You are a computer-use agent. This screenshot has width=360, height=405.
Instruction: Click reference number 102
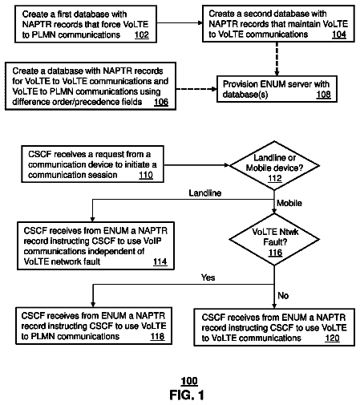point(141,34)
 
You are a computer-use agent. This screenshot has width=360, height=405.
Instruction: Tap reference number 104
point(338,34)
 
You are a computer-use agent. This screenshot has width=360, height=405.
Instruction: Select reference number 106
point(161,102)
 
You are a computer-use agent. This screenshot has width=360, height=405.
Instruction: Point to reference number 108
point(323,95)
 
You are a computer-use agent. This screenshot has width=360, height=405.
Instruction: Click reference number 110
point(146,175)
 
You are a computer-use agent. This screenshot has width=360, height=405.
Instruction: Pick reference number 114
point(160,261)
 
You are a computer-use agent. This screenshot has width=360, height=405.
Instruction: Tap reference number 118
point(157,336)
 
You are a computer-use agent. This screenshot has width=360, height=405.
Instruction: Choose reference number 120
point(332,338)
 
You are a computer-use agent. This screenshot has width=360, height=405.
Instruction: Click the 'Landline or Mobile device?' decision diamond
point(274,166)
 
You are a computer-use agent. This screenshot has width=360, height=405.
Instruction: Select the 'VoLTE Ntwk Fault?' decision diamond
point(274,240)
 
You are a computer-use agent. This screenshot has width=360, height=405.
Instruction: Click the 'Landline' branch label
point(205,193)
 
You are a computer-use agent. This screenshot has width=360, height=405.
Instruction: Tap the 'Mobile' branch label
point(289,203)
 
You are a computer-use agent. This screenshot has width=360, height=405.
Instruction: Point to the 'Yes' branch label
point(208,277)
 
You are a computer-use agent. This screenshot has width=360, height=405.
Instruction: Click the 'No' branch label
point(283,296)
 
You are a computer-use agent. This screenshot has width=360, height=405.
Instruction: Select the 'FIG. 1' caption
point(187,395)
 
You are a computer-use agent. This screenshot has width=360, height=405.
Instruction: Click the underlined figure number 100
point(189,381)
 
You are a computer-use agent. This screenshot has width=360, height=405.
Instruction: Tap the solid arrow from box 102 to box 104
point(180,23)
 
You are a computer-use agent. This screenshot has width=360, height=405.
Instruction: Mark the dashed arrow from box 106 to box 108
point(196,89)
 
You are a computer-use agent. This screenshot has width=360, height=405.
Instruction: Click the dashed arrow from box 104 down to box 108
point(277,59)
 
